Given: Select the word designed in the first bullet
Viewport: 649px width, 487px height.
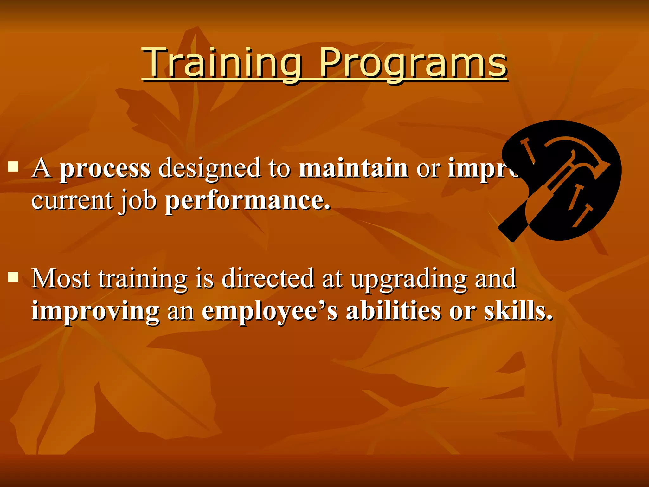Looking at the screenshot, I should (x=209, y=169).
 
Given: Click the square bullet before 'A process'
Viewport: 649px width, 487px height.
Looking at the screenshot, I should (x=13, y=166).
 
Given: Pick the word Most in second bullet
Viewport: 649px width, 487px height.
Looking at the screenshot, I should (x=61, y=278).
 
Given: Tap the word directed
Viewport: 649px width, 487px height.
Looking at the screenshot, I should (x=268, y=278).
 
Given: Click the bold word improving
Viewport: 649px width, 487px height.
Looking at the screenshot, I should (x=95, y=311).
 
